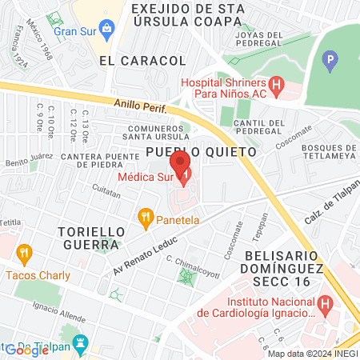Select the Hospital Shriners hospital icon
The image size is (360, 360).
click(277, 83)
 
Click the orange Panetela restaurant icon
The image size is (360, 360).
click(145, 216)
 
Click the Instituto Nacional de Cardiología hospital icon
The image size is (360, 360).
click(325, 304)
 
